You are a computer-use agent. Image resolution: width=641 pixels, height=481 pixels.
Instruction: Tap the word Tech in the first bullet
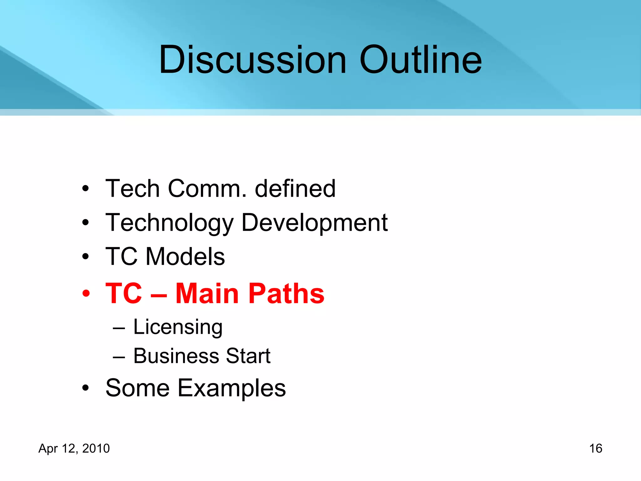click(x=133, y=189)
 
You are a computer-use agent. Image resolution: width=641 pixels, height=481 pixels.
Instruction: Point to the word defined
click(x=295, y=189)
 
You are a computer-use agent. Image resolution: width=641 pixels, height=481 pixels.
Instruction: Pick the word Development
click(x=315, y=223)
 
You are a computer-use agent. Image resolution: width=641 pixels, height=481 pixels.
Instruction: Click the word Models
click(x=185, y=256)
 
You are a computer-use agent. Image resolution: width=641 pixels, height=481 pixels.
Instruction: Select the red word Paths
click(x=287, y=293)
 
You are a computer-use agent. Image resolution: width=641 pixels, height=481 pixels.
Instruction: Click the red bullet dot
click(x=86, y=294)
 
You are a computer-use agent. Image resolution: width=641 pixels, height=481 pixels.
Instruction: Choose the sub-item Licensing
click(x=178, y=327)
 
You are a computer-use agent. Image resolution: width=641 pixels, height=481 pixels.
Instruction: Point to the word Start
click(x=248, y=356)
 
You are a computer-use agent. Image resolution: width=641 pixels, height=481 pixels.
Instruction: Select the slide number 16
click(x=596, y=448)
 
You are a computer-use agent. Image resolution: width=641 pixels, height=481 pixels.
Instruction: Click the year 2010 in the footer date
click(x=96, y=448)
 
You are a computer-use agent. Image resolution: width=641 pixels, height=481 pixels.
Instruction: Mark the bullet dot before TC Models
click(x=85, y=257)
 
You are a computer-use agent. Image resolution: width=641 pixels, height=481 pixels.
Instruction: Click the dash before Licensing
click(x=119, y=328)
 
